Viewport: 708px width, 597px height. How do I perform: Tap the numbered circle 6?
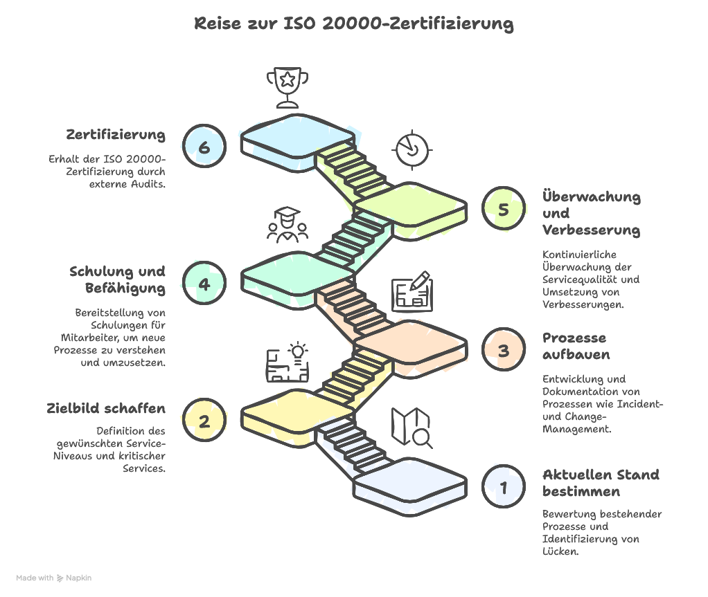pyautogui.click(x=204, y=147)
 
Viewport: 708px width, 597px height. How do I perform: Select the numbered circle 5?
pyautogui.click(x=504, y=208)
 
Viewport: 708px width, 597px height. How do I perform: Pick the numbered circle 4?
pyautogui.click(x=204, y=284)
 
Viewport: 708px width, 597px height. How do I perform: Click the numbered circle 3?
pyautogui.click(x=504, y=350)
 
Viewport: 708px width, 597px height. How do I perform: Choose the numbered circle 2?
pyautogui.click(x=204, y=421)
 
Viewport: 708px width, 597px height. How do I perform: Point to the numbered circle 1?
pyautogui.click(x=504, y=486)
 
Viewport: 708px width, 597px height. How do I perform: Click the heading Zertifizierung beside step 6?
pyautogui.click(x=116, y=134)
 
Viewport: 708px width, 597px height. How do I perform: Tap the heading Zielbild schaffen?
pyautogui.click(x=106, y=408)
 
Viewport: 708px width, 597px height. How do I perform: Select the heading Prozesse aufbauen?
pyautogui.click(x=576, y=346)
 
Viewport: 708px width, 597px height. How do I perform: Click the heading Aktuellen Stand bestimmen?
pyautogui.click(x=601, y=483)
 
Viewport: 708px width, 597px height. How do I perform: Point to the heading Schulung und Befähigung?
pyautogui.click(x=117, y=279)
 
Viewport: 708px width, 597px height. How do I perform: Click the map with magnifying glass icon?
pyautogui.click(x=411, y=427)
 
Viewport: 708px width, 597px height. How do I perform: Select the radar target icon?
pyautogui.click(x=411, y=148)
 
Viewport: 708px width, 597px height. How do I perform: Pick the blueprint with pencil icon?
pyautogui.click(x=412, y=293)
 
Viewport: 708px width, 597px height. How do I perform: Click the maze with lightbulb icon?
pyautogui.click(x=287, y=362)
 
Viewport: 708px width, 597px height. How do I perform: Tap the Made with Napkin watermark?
pyautogui.click(x=53, y=578)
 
